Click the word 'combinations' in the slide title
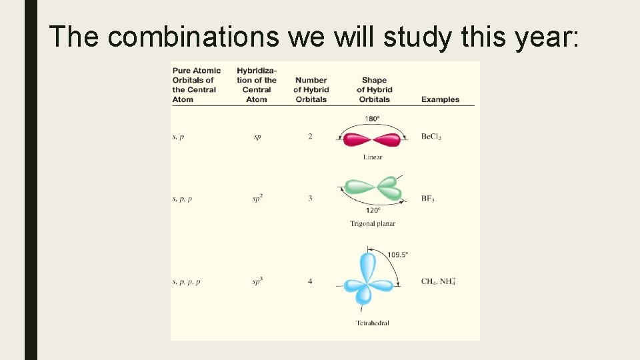193,37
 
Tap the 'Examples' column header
440,99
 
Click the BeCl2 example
431,137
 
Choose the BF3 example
427,199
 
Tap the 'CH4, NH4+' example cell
438,281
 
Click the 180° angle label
372,119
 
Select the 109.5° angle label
397,255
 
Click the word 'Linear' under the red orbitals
373,157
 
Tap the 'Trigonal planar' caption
372,224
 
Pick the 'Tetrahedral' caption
372,323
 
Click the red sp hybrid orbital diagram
372,140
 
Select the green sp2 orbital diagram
373,190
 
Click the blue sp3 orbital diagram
366,280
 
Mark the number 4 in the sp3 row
310,281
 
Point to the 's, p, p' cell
182,199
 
